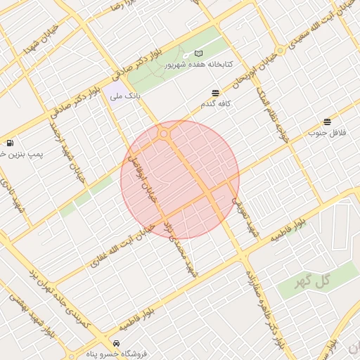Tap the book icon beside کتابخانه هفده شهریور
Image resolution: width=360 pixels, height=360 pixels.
pyautogui.click(x=198, y=54)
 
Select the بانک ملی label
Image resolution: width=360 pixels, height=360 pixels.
pyautogui.click(x=127, y=94)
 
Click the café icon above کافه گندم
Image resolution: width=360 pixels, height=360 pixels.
pyautogui.click(x=214, y=93)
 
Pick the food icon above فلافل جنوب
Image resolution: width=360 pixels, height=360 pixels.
pyautogui.click(x=327, y=122)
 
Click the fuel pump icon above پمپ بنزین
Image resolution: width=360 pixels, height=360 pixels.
pyautogui.click(x=9, y=143)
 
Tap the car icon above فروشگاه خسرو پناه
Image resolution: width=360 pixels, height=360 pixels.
pyautogui.click(x=115, y=343)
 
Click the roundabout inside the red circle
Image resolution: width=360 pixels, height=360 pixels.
pyautogui.click(x=164, y=134)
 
